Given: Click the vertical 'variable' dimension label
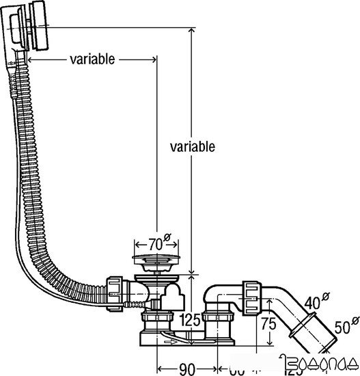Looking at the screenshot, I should tap(193, 146).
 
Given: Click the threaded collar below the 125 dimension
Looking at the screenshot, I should tap(218, 321).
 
